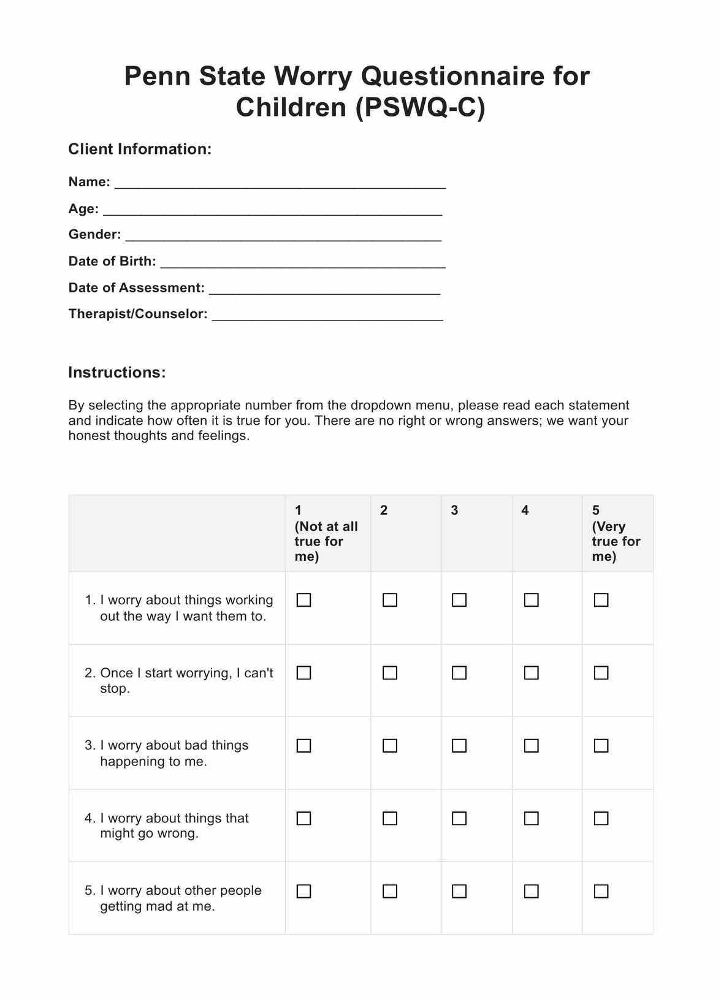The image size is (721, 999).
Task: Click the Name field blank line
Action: point(280,183)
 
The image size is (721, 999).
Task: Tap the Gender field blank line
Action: point(283,236)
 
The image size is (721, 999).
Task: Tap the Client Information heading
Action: point(140,149)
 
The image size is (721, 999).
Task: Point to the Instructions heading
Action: point(117,373)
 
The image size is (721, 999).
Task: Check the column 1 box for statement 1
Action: point(304,600)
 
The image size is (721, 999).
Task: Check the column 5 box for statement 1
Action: point(601,600)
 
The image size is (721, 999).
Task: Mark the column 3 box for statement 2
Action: point(459,673)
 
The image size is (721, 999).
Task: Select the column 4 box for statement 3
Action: point(532,746)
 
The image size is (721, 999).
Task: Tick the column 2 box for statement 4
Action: point(390,819)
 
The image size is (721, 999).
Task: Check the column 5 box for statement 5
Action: point(601,891)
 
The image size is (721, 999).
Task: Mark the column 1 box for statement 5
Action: point(304,891)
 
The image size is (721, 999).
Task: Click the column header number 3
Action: point(454,511)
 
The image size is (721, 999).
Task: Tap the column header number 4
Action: point(525,511)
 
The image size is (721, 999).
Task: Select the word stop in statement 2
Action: point(113,689)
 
